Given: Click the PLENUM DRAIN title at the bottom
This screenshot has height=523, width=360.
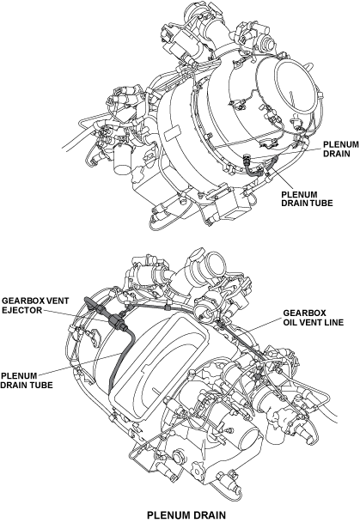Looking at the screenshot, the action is (x=186, y=515).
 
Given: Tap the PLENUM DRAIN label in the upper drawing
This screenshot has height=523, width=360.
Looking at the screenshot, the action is (x=341, y=149).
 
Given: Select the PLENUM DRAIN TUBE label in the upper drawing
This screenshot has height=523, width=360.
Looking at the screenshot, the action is (x=307, y=198).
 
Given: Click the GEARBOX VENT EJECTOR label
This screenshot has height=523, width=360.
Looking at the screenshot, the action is (x=35, y=306).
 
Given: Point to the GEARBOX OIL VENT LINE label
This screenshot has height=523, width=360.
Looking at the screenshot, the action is (x=313, y=318).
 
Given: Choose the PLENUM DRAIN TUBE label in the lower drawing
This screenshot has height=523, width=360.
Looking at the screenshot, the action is (x=27, y=380).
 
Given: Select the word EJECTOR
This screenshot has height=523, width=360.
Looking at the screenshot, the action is (x=21, y=310).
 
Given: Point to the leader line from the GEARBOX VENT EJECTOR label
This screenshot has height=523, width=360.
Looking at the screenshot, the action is (x=77, y=315).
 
